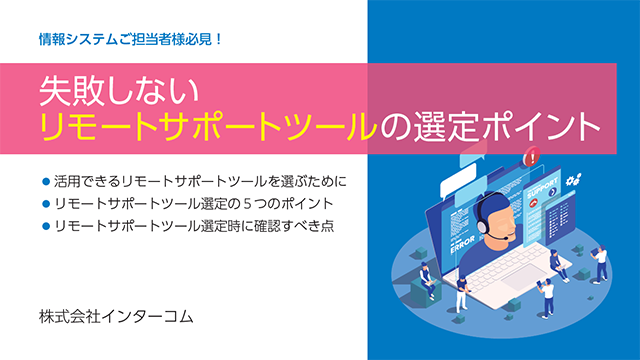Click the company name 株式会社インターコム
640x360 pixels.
point(116,317)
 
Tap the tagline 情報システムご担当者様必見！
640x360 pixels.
point(131,40)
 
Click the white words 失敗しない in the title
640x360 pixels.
point(119,91)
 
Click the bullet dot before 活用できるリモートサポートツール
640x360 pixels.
point(46,181)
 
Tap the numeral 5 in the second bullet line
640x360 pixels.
point(247,203)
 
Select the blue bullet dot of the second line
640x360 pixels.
point(46,203)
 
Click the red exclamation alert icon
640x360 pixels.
point(531,157)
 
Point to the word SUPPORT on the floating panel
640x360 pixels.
point(543,187)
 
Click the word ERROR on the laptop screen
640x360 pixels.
point(462,244)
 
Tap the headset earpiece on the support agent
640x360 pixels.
point(482,226)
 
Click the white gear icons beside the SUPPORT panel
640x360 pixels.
point(573,180)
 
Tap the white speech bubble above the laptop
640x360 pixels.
point(458,187)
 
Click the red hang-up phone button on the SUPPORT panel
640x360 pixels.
point(533,203)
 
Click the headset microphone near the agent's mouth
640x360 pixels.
point(507,238)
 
